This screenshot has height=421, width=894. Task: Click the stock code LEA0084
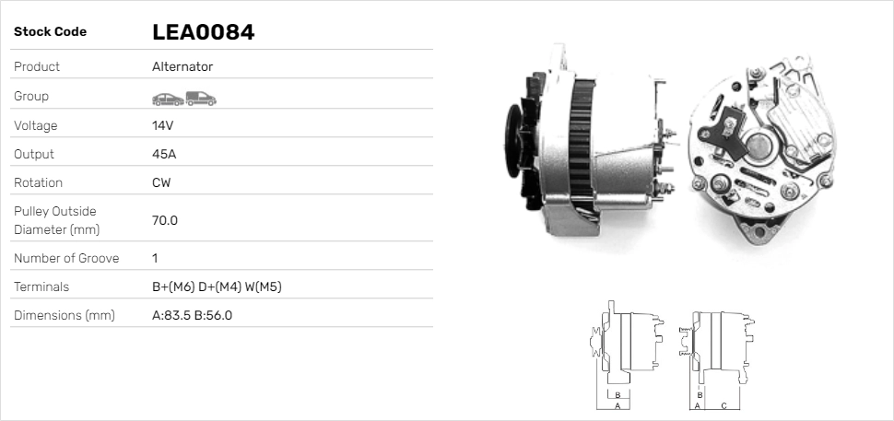point(203,32)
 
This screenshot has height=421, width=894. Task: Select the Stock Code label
point(50,32)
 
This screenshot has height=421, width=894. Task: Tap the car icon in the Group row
point(167,98)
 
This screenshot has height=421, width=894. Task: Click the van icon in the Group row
point(200,98)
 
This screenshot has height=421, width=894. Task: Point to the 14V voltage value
point(162,125)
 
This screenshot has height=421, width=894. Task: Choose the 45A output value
point(163,154)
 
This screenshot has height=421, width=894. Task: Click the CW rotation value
point(161,182)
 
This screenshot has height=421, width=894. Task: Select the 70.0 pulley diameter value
point(164,220)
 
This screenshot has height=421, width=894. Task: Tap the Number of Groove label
point(66,258)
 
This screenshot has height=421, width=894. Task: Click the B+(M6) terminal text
point(172,287)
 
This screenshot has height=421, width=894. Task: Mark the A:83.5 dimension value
point(171,315)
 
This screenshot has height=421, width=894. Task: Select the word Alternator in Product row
point(182,67)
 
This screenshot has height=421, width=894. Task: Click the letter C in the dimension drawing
point(723,404)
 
